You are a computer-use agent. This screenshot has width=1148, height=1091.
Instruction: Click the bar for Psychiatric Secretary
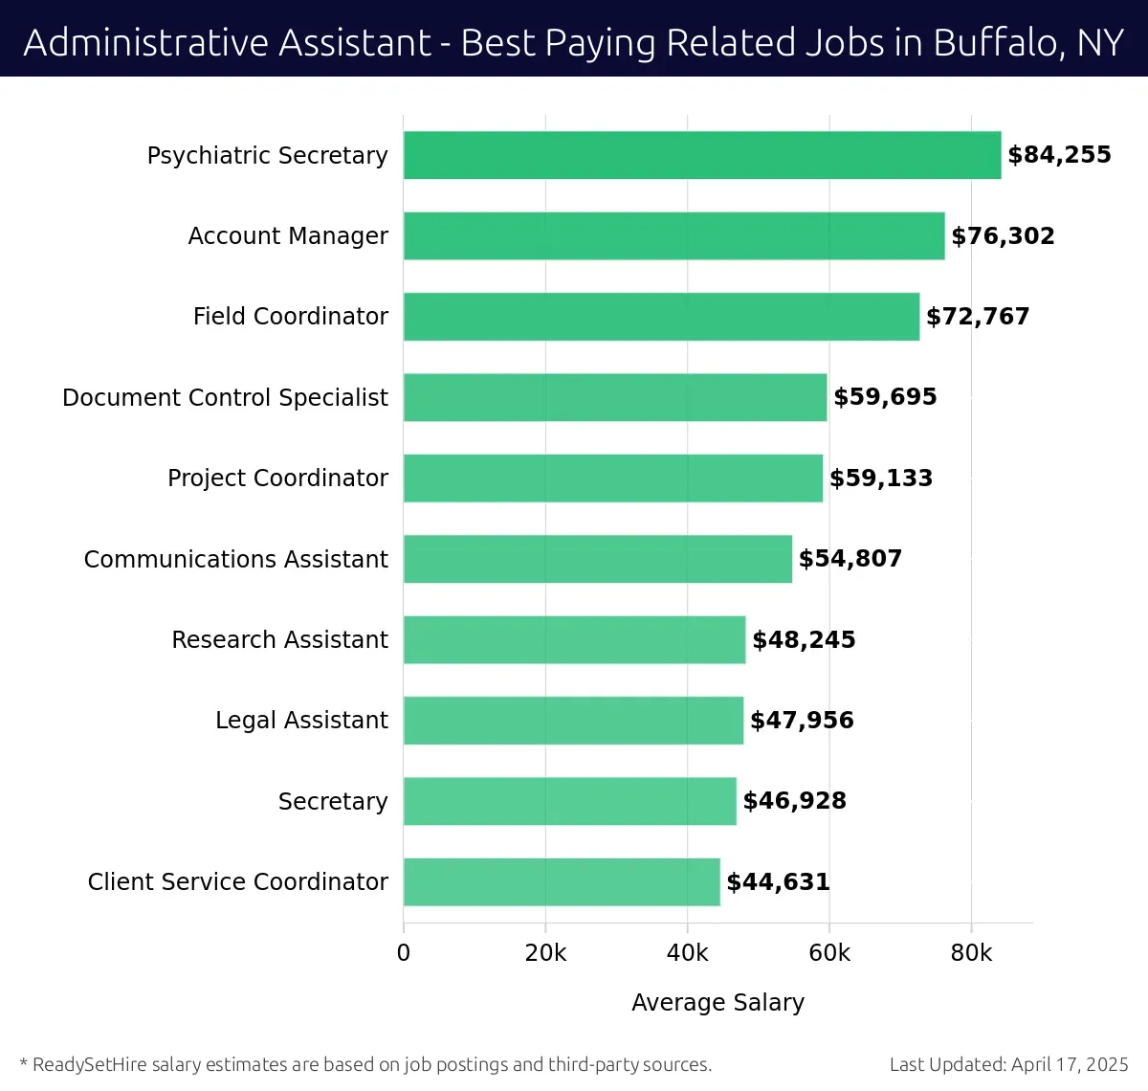pos(702,155)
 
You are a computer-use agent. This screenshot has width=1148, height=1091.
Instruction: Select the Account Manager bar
pos(673,235)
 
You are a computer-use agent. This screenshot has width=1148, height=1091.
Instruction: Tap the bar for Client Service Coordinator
pos(562,881)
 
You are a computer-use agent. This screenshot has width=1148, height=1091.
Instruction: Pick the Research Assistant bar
pos(574,639)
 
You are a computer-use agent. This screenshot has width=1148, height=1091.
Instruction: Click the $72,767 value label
pos(978,317)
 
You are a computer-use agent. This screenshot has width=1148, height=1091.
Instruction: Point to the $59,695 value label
pos(885,397)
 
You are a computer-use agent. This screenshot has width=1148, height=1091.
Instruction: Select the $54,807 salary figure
pos(850,559)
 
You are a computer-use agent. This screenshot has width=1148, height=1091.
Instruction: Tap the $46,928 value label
pos(794,801)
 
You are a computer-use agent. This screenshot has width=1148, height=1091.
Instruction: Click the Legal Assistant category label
pos(301,721)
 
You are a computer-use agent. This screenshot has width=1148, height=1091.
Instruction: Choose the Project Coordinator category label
pos(277,478)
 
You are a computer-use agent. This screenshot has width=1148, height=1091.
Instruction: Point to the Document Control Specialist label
pos(225,397)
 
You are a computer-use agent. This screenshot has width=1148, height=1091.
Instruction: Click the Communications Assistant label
pos(235,559)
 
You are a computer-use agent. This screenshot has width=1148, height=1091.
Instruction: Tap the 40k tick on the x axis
pos(687,953)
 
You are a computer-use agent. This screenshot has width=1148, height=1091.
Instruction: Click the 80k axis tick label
pos(971,953)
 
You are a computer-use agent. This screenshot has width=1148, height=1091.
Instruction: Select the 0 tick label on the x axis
pos(404,953)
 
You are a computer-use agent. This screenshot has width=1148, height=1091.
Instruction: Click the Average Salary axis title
pos(717,1002)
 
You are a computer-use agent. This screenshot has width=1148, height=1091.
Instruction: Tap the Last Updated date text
pos(1008,1064)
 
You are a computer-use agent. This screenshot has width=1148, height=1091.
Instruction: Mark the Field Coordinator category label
pos(290,317)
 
